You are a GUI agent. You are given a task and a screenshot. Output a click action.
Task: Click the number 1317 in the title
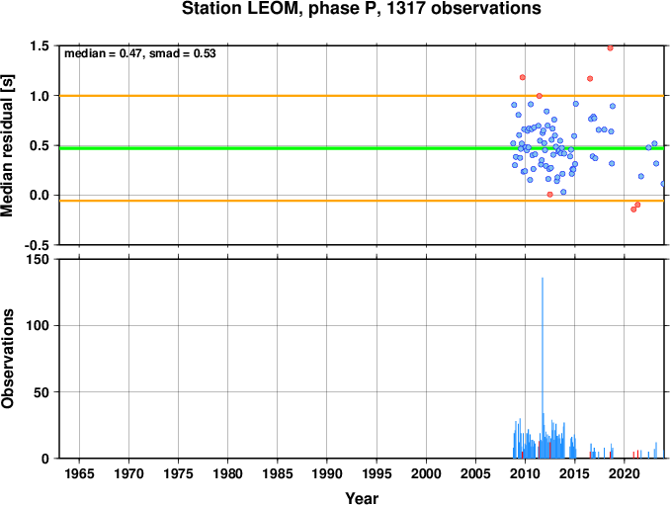click(406, 8)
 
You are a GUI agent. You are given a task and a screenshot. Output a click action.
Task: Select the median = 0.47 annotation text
click(103, 53)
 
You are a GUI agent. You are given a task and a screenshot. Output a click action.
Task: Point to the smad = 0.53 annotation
click(183, 53)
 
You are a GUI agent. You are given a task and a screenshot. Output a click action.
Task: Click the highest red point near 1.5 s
click(610, 47)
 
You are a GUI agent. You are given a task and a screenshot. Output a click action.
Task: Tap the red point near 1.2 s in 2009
click(522, 77)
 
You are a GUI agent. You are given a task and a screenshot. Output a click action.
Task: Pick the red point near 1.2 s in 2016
click(590, 79)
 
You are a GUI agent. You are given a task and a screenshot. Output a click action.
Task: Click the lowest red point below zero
click(633, 210)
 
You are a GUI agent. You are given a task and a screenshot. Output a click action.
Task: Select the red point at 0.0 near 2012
click(549, 195)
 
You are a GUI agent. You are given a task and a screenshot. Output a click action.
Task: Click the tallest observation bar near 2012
click(543, 368)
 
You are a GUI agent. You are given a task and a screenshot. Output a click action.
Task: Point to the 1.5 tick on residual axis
click(40, 45)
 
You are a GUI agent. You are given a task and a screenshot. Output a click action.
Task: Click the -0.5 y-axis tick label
click(37, 245)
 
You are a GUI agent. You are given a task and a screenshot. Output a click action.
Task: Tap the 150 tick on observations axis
click(38, 259)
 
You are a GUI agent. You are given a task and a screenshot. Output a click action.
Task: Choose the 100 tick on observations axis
click(38, 325)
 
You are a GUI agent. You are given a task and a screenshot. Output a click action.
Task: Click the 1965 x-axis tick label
click(79, 473)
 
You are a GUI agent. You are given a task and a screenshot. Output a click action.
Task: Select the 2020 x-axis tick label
click(625, 473)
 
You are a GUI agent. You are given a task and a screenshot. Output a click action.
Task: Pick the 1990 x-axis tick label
click(327, 473)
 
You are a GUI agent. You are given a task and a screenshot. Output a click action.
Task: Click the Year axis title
click(362, 498)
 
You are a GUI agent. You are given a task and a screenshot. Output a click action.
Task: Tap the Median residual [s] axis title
click(7, 145)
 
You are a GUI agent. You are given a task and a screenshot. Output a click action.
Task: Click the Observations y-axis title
click(7, 359)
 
